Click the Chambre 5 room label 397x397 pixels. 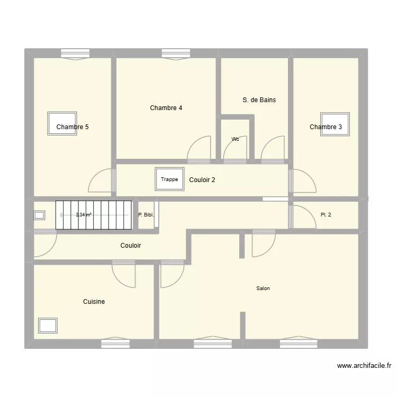click(73, 127)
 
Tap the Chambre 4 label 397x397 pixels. click(166, 108)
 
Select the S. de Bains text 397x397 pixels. click(259, 100)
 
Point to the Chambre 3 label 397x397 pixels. click(326, 127)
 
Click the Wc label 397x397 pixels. click(235, 139)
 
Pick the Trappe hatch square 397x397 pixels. click(169, 179)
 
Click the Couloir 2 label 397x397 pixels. click(202, 180)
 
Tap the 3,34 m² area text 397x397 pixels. click(84, 215)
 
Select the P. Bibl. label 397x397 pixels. click(146, 215)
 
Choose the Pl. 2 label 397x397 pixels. click(326, 215)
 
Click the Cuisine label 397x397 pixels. click(94, 302)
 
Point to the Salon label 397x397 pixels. click(263, 288)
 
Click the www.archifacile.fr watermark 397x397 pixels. click(365, 365)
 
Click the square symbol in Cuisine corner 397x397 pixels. click(48, 326)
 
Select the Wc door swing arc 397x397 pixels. click(233, 150)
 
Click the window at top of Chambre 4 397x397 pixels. click(176, 53)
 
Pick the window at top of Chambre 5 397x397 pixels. click(75, 53)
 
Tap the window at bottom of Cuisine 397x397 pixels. click(115, 344)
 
